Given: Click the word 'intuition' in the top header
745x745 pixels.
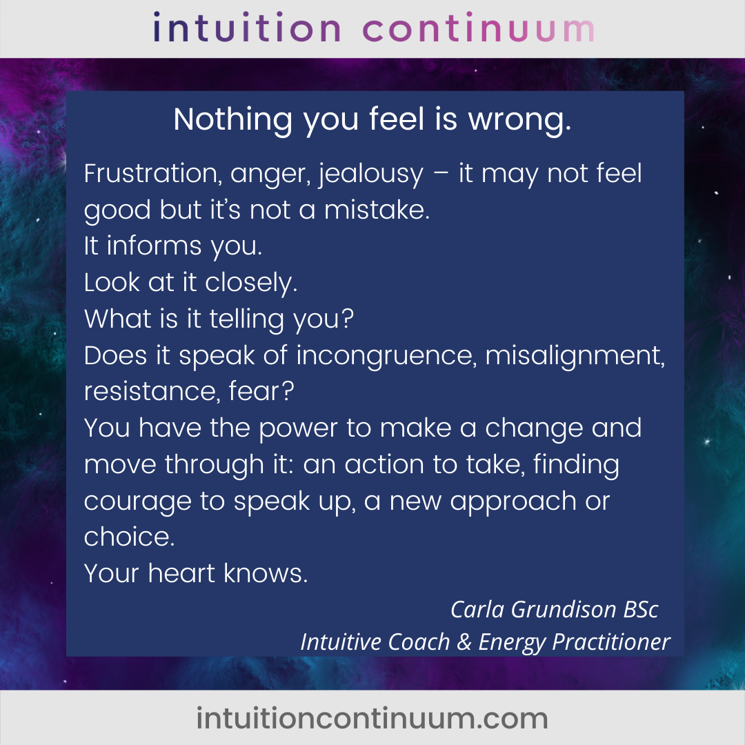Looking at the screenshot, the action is click(x=246, y=28).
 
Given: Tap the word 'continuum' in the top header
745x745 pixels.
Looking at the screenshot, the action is click(x=479, y=28).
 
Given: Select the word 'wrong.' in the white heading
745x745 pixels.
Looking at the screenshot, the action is click(x=520, y=120).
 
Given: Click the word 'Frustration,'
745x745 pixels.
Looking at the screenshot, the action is click(x=153, y=174).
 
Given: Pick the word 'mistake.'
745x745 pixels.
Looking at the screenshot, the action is click(x=377, y=210).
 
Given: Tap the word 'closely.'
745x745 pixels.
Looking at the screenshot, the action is click(x=251, y=284).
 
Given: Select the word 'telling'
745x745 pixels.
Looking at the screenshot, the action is click(x=246, y=319).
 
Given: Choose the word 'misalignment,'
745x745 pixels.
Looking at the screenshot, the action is click(x=575, y=357).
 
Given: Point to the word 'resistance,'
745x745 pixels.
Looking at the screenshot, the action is click(x=152, y=392).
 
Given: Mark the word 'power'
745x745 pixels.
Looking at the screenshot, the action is click(x=299, y=429).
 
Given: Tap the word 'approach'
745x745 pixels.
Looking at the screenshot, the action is click(x=513, y=502).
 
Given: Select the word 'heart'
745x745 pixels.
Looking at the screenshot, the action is click(x=181, y=573).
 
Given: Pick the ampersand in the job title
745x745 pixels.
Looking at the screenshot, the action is click(x=464, y=642).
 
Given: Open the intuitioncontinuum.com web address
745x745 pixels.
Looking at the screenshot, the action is click(x=372, y=718).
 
